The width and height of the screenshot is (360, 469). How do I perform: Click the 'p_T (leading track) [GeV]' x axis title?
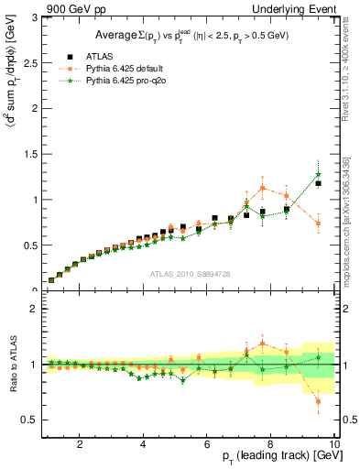coord(275,457)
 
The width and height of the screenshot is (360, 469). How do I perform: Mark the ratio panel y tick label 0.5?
coord(29,420)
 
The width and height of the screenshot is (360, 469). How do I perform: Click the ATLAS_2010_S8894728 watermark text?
coord(190,274)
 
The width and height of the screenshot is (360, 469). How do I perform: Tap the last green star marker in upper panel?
coord(318,174)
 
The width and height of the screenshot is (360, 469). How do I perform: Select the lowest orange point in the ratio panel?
coord(318,401)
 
